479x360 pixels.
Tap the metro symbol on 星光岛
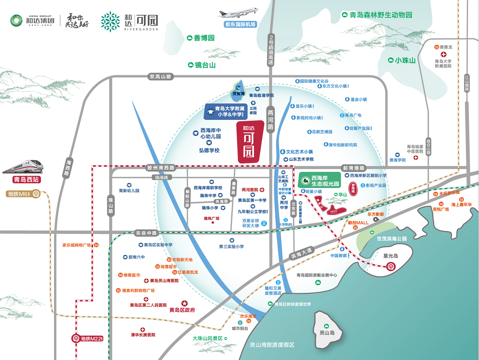[x=390, y=266]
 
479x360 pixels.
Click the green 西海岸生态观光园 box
[x=319, y=181]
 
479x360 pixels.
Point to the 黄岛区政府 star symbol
[x=184, y=302]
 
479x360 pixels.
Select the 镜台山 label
[x=201, y=65]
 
